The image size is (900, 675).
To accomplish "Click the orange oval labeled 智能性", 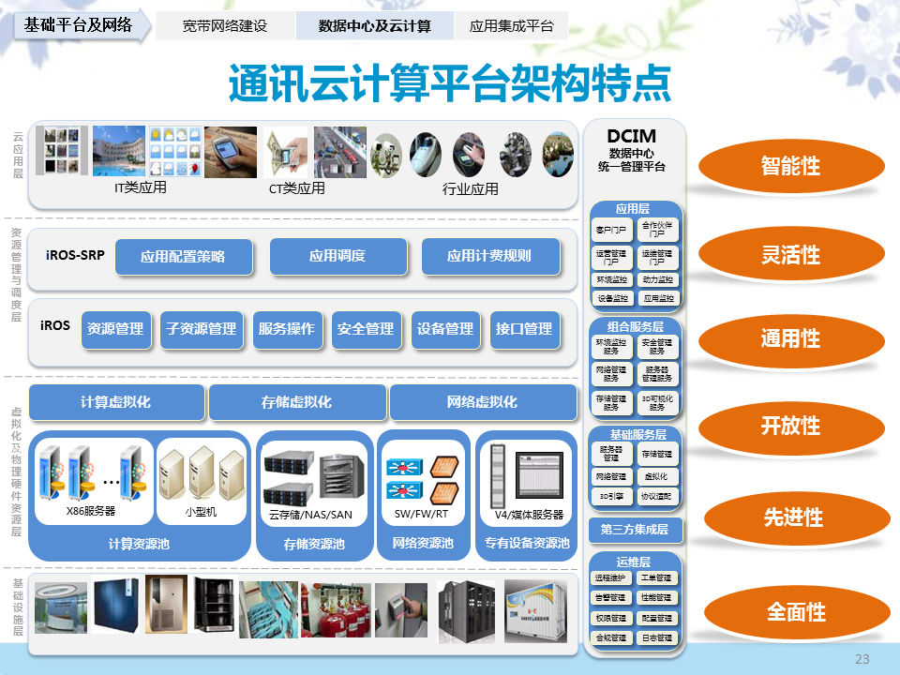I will click(x=790, y=167).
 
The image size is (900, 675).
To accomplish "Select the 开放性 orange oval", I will click(x=790, y=426).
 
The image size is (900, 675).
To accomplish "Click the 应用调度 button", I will click(x=337, y=256).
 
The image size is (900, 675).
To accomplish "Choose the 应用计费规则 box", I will click(x=489, y=256).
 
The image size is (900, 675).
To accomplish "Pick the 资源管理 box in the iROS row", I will click(x=115, y=329).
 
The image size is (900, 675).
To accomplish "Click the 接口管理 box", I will click(x=524, y=329).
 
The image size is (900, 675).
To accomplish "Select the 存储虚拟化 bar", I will click(x=296, y=402).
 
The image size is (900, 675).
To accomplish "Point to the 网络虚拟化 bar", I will click(x=482, y=402).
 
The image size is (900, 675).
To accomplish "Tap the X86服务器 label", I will click(x=91, y=511).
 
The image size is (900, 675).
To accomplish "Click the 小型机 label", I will click(x=201, y=511).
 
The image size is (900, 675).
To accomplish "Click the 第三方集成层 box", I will click(x=635, y=531).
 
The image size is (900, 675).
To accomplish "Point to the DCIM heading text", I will click(x=631, y=137).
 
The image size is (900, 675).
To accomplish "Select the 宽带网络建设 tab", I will click(x=225, y=26).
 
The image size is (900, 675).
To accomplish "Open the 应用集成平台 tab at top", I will click(x=512, y=26).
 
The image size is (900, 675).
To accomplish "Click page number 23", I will click(x=862, y=659).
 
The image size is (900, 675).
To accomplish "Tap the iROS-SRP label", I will click(x=74, y=254).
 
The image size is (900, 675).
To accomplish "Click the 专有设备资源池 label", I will click(x=526, y=544).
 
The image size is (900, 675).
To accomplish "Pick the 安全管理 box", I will click(x=366, y=329).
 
